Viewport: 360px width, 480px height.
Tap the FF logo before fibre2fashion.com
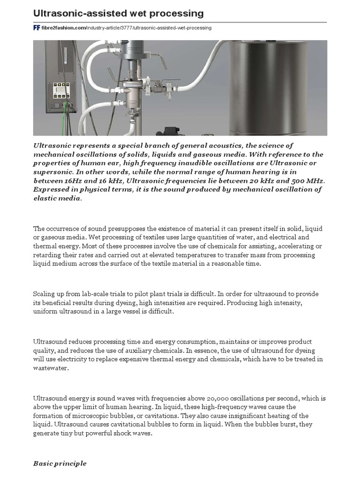click(x=36, y=28)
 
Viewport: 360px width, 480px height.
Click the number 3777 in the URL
click(x=126, y=28)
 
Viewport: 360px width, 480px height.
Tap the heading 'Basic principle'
click(x=60, y=464)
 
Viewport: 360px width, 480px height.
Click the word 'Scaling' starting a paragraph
click(x=44, y=294)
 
